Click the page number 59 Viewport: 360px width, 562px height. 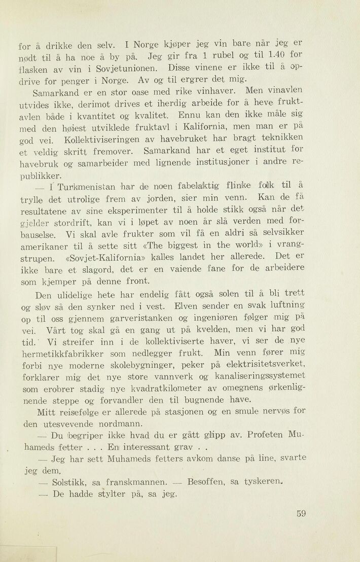coord(301,513)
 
